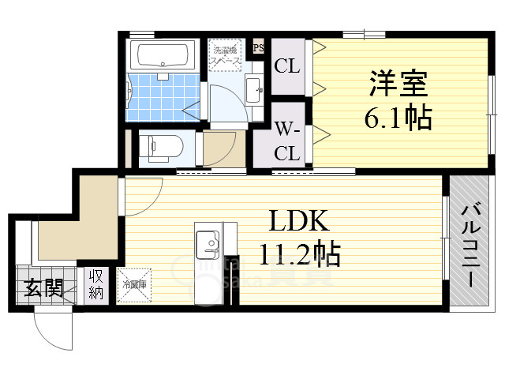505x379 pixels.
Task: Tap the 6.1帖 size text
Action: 398,118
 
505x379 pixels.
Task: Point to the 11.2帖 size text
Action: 300,254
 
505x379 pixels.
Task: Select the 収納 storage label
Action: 96,285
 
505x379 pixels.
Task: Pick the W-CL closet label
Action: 286,140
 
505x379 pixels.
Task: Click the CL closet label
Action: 286,68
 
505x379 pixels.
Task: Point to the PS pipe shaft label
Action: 258,47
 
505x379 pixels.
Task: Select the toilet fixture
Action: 162,146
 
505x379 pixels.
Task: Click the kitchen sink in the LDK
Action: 209,243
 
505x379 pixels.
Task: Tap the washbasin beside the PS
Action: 254,90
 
